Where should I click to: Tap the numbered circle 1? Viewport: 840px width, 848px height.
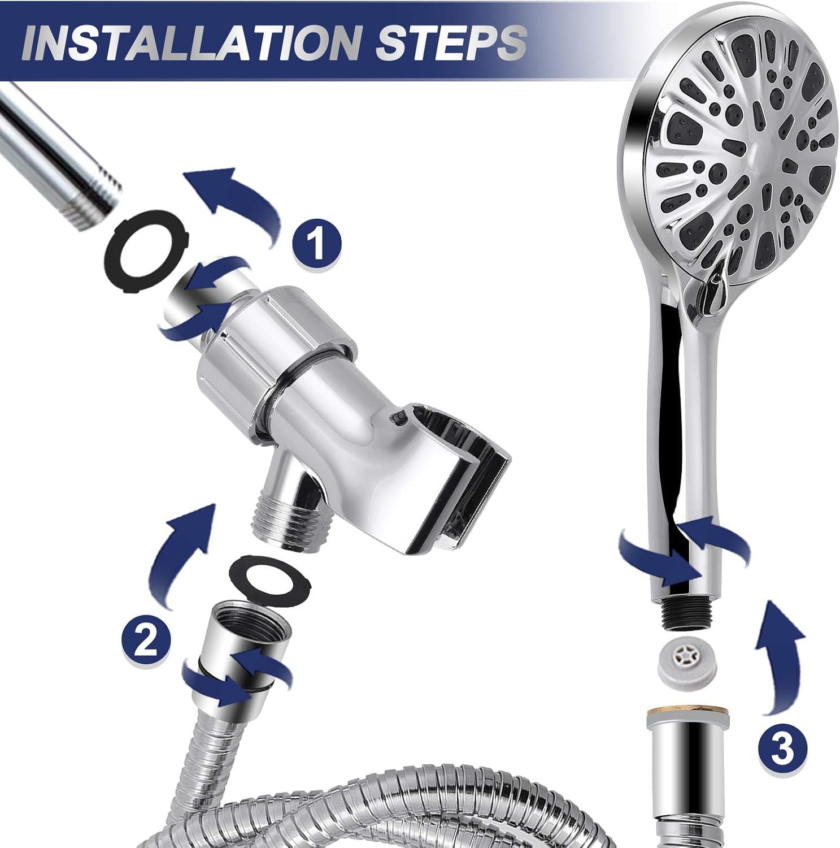click(317, 241)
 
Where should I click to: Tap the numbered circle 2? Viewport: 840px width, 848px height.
click(146, 643)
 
